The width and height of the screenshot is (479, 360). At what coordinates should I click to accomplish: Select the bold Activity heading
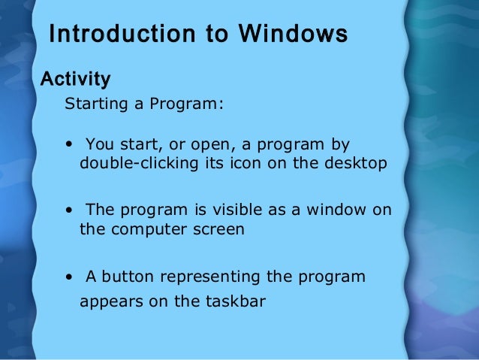pos(75,79)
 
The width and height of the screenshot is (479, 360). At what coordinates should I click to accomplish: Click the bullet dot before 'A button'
pos(69,277)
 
